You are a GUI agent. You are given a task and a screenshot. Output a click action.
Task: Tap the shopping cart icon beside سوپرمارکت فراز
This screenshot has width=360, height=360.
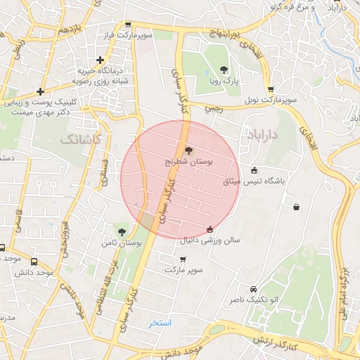coord(127,23)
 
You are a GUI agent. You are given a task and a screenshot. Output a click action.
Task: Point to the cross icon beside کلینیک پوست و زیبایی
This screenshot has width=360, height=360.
coord(41,91)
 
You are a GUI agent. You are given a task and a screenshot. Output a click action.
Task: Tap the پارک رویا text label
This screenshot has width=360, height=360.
coord(224,81)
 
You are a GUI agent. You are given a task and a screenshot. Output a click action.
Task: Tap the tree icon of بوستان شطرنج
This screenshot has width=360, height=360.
coord(188,150)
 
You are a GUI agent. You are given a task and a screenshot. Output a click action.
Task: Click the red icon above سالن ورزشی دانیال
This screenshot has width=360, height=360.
coord(210,229)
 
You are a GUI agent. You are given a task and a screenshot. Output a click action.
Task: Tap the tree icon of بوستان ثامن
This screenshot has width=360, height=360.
coord(122,231)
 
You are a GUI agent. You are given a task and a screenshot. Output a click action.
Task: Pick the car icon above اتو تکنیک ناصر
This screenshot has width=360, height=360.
coord(252,288)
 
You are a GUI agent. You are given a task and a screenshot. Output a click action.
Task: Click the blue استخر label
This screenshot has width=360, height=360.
coord(160,323)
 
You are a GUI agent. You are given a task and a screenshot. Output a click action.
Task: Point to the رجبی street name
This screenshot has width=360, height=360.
coord(213,109)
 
